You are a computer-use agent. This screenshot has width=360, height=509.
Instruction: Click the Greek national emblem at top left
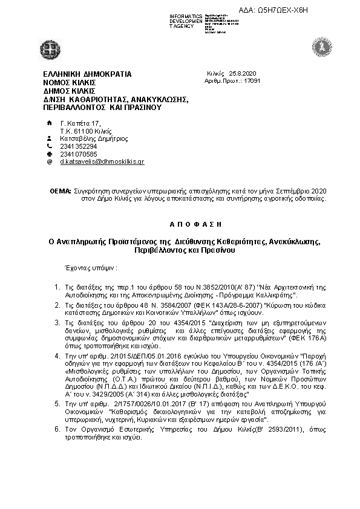coord(49,47)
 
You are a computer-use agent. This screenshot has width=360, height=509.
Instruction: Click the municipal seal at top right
coord(320,46)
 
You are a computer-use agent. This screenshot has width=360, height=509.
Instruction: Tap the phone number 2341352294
coord(79,146)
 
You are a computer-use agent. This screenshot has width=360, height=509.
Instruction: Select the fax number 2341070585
coord(79,154)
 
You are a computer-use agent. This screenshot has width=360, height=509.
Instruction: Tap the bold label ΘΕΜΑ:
coord(60,190)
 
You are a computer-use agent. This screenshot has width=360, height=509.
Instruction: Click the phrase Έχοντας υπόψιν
coord(91,267)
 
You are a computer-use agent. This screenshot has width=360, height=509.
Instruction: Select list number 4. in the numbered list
coord(57,358)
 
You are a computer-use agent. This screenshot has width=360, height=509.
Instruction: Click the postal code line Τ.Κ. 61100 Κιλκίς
coord(85,131)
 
